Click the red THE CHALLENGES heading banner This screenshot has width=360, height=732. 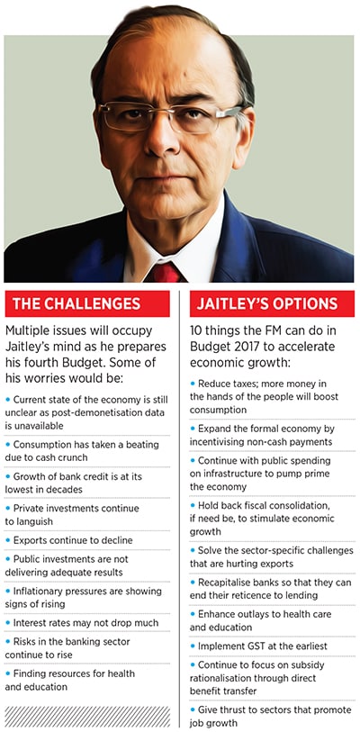pos(86,304)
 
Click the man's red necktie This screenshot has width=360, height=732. pos(166,271)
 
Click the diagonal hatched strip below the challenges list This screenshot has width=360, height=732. pos(86,716)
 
